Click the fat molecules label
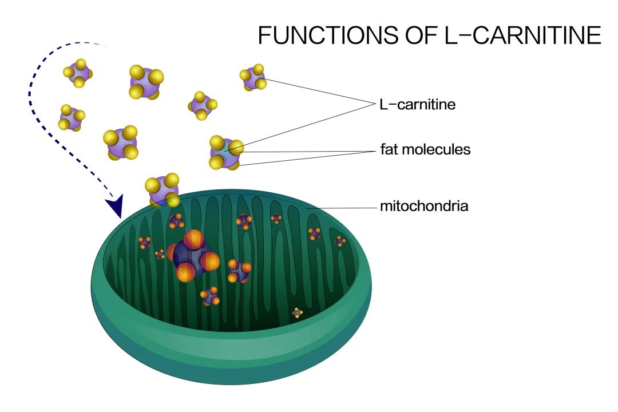tap(425, 150)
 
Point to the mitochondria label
tap(424, 206)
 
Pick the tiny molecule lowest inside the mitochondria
tap(297, 312)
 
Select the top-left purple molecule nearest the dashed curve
tap(78, 73)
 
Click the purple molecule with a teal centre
tap(226, 152)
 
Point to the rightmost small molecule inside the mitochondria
tap(340, 241)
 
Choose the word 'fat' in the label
tap(391, 150)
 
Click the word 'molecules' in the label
tap(438, 150)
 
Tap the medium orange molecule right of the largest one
tap(239, 271)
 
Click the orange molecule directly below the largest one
tap(210, 296)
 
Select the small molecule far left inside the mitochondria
tap(144, 243)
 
